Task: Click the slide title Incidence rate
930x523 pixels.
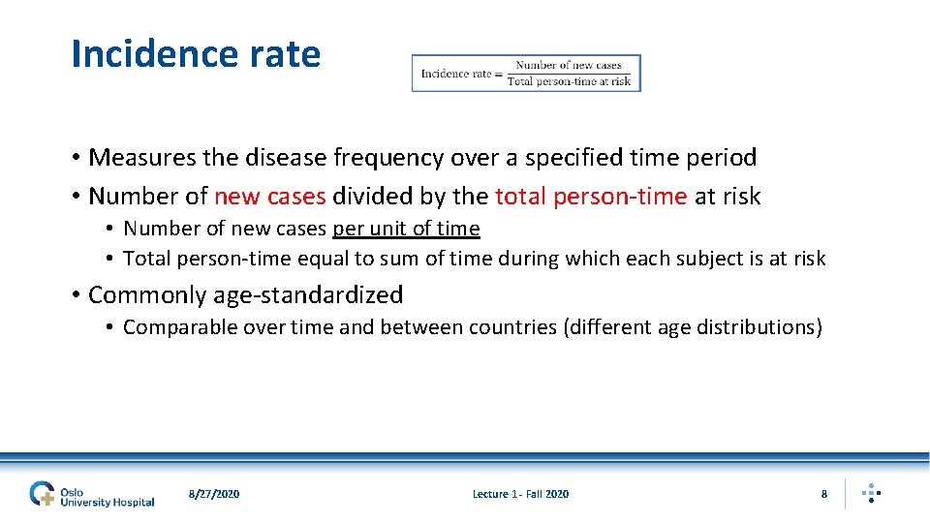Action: coord(195,54)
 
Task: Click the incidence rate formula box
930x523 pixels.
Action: coord(526,73)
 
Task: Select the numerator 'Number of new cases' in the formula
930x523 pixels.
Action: coord(569,65)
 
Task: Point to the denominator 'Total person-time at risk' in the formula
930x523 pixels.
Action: coord(569,81)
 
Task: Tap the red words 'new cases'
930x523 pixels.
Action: coord(269,197)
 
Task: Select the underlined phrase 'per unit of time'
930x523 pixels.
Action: coord(406,229)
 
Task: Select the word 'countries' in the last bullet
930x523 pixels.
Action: coord(512,327)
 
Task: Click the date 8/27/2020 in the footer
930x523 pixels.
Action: coord(214,494)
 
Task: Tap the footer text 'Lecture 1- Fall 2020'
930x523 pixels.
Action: coord(520,494)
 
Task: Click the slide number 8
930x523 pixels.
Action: coord(824,494)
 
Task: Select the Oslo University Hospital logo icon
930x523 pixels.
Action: coord(43,494)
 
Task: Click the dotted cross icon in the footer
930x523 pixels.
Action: coord(871,493)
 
